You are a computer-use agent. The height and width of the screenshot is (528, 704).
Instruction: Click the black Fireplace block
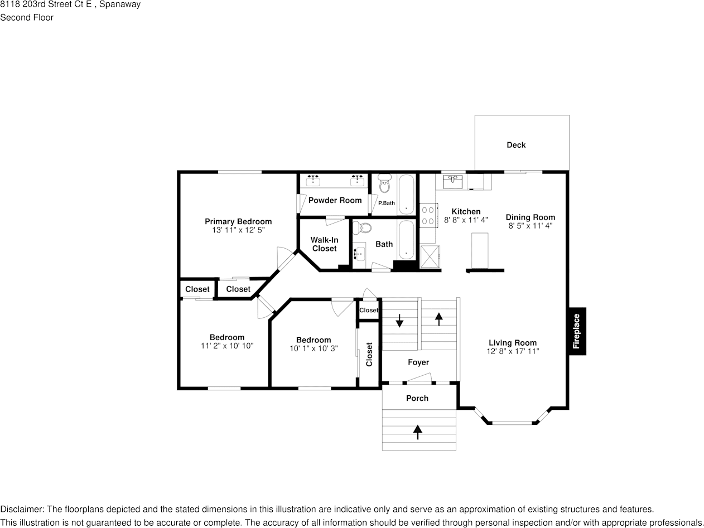click(577, 331)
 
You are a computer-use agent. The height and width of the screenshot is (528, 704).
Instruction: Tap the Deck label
click(516, 145)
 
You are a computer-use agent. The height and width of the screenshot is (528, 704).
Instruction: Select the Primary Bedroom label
click(238, 221)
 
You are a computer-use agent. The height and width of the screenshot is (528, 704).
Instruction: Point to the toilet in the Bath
click(363, 228)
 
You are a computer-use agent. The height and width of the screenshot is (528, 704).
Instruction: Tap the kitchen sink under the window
click(452, 182)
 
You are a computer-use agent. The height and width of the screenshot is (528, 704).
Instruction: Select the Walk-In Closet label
click(324, 244)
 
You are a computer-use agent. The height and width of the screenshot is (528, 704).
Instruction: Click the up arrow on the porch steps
click(418, 432)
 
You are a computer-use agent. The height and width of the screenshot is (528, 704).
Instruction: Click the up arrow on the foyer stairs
click(438, 318)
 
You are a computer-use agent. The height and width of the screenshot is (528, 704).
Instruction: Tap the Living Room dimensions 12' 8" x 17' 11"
click(513, 351)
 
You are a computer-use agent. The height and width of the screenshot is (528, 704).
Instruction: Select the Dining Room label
click(530, 217)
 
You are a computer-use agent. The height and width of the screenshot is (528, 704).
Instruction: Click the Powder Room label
click(335, 200)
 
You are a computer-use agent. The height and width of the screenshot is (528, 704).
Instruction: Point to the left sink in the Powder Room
click(313, 180)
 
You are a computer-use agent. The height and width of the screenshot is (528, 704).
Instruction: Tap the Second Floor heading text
click(27, 17)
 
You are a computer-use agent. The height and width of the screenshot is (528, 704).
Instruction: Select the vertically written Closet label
click(369, 354)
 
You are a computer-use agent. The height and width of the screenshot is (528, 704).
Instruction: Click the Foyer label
click(418, 362)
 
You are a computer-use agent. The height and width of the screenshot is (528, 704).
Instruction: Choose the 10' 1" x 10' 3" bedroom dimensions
click(314, 348)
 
